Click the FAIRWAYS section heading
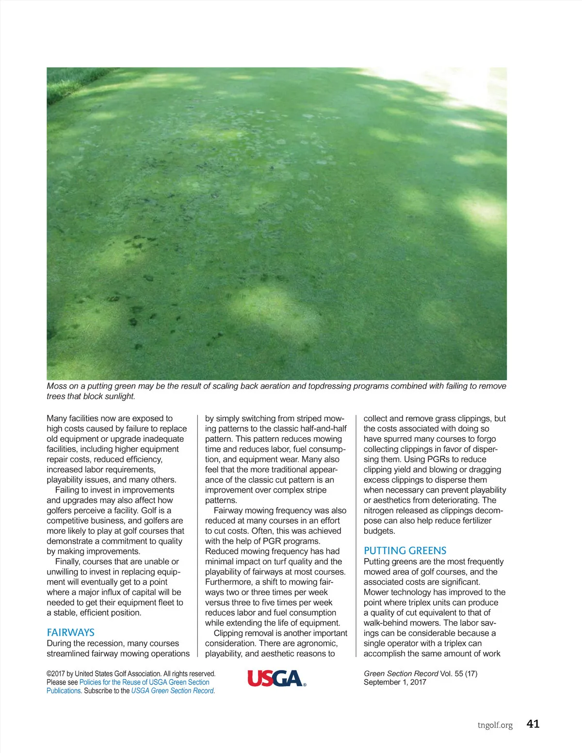(x=70, y=632)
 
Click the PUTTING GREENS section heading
(x=405, y=551)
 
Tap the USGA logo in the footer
(x=276, y=678)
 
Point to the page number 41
(x=533, y=724)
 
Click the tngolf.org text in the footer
(x=495, y=725)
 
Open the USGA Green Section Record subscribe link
(x=172, y=690)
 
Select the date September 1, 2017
(x=395, y=682)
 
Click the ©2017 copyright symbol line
(x=131, y=673)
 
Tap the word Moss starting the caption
(x=57, y=386)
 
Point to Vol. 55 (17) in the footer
(x=458, y=673)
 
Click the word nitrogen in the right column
(x=380, y=511)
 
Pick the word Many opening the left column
(x=57, y=418)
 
